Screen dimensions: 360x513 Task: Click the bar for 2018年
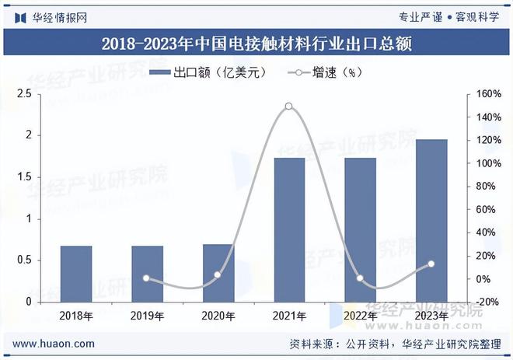pos(76,274)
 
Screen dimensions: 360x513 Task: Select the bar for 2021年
pos(289,229)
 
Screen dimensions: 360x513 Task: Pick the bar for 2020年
pos(218,273)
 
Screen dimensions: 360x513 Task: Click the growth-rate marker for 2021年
pos(289,106)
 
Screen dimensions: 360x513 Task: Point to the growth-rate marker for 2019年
pos(147,278)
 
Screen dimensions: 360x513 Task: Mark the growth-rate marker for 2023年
pos(431,264)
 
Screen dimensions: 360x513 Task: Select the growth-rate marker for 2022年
pos(361,278)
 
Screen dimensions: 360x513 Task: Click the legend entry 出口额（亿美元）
pos(206,73)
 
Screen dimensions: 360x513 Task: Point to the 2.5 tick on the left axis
pos(23,94)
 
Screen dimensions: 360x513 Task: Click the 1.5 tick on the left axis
pos(23,177)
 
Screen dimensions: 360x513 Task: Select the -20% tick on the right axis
pos(488,302)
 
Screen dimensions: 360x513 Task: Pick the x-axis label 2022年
pos(361,316)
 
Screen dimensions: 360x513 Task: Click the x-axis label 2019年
pos(147,316)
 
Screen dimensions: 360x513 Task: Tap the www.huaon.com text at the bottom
pos(54,344)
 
